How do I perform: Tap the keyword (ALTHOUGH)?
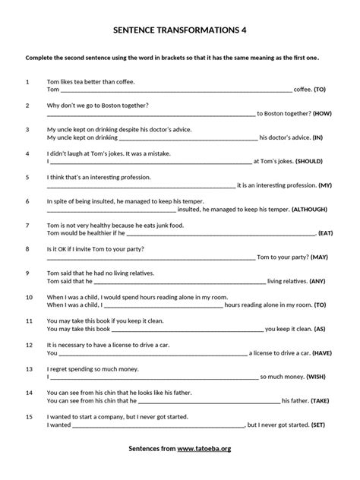312,209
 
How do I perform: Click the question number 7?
27,225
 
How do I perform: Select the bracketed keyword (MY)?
324,185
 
